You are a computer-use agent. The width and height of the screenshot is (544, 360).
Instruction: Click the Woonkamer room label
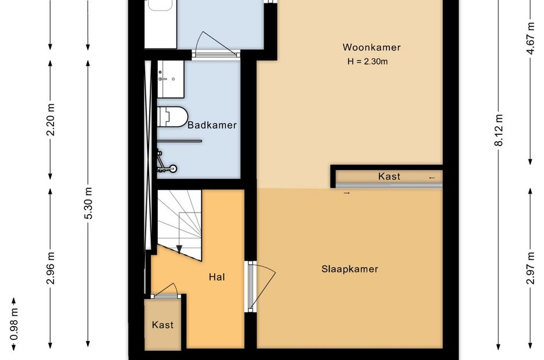click(371, 47)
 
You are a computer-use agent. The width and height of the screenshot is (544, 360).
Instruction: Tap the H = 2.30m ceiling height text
click(371, 62)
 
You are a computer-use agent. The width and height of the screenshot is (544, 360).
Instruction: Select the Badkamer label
click(212, 124)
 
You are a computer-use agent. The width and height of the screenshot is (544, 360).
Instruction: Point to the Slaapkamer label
click(349, 269)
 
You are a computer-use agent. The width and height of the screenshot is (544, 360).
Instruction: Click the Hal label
click(216, 277)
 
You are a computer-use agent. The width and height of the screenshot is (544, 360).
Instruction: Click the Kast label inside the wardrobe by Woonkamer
click(389, 176)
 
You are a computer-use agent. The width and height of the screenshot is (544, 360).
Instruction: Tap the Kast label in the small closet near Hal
click(162, 325)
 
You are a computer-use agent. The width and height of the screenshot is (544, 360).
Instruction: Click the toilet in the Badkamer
click(172, 117)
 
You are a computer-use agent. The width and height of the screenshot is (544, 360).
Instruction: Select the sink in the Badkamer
click(170, 78)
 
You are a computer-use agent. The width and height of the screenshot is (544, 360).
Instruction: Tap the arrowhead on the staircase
click(179, 249)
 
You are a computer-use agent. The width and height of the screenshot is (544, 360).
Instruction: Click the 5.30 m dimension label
click(88, 203)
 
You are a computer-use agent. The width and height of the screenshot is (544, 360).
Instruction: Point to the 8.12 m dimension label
click(499, 130)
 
